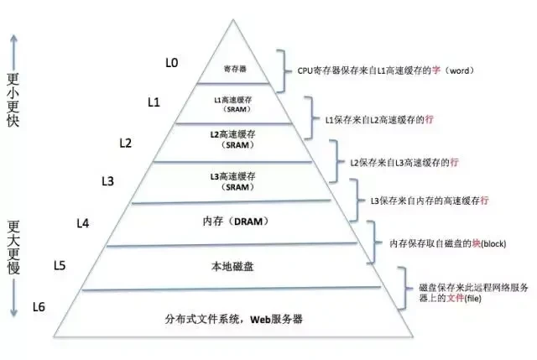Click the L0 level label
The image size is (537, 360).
point(171,63)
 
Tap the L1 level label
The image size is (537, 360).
point(154,102)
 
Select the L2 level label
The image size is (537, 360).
point(126,143)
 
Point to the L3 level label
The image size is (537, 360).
point(108,181)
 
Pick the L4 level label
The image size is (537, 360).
point(83,223)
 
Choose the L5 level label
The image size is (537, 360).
point(60,265)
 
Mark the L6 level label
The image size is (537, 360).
point(39,307)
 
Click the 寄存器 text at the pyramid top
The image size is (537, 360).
point(235,69)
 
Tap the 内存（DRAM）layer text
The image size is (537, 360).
point(235,222)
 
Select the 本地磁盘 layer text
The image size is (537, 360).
point(232,266)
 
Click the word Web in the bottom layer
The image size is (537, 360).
point(261,319)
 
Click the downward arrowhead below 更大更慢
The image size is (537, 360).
point(13,313)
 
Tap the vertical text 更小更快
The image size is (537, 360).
point(13,100)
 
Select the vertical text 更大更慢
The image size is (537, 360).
point(13,247)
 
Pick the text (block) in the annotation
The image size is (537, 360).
point(493,243)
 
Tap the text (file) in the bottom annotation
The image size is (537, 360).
point(472,299)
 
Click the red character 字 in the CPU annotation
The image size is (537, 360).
point(436,70)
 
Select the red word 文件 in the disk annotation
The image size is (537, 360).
point(455,298)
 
